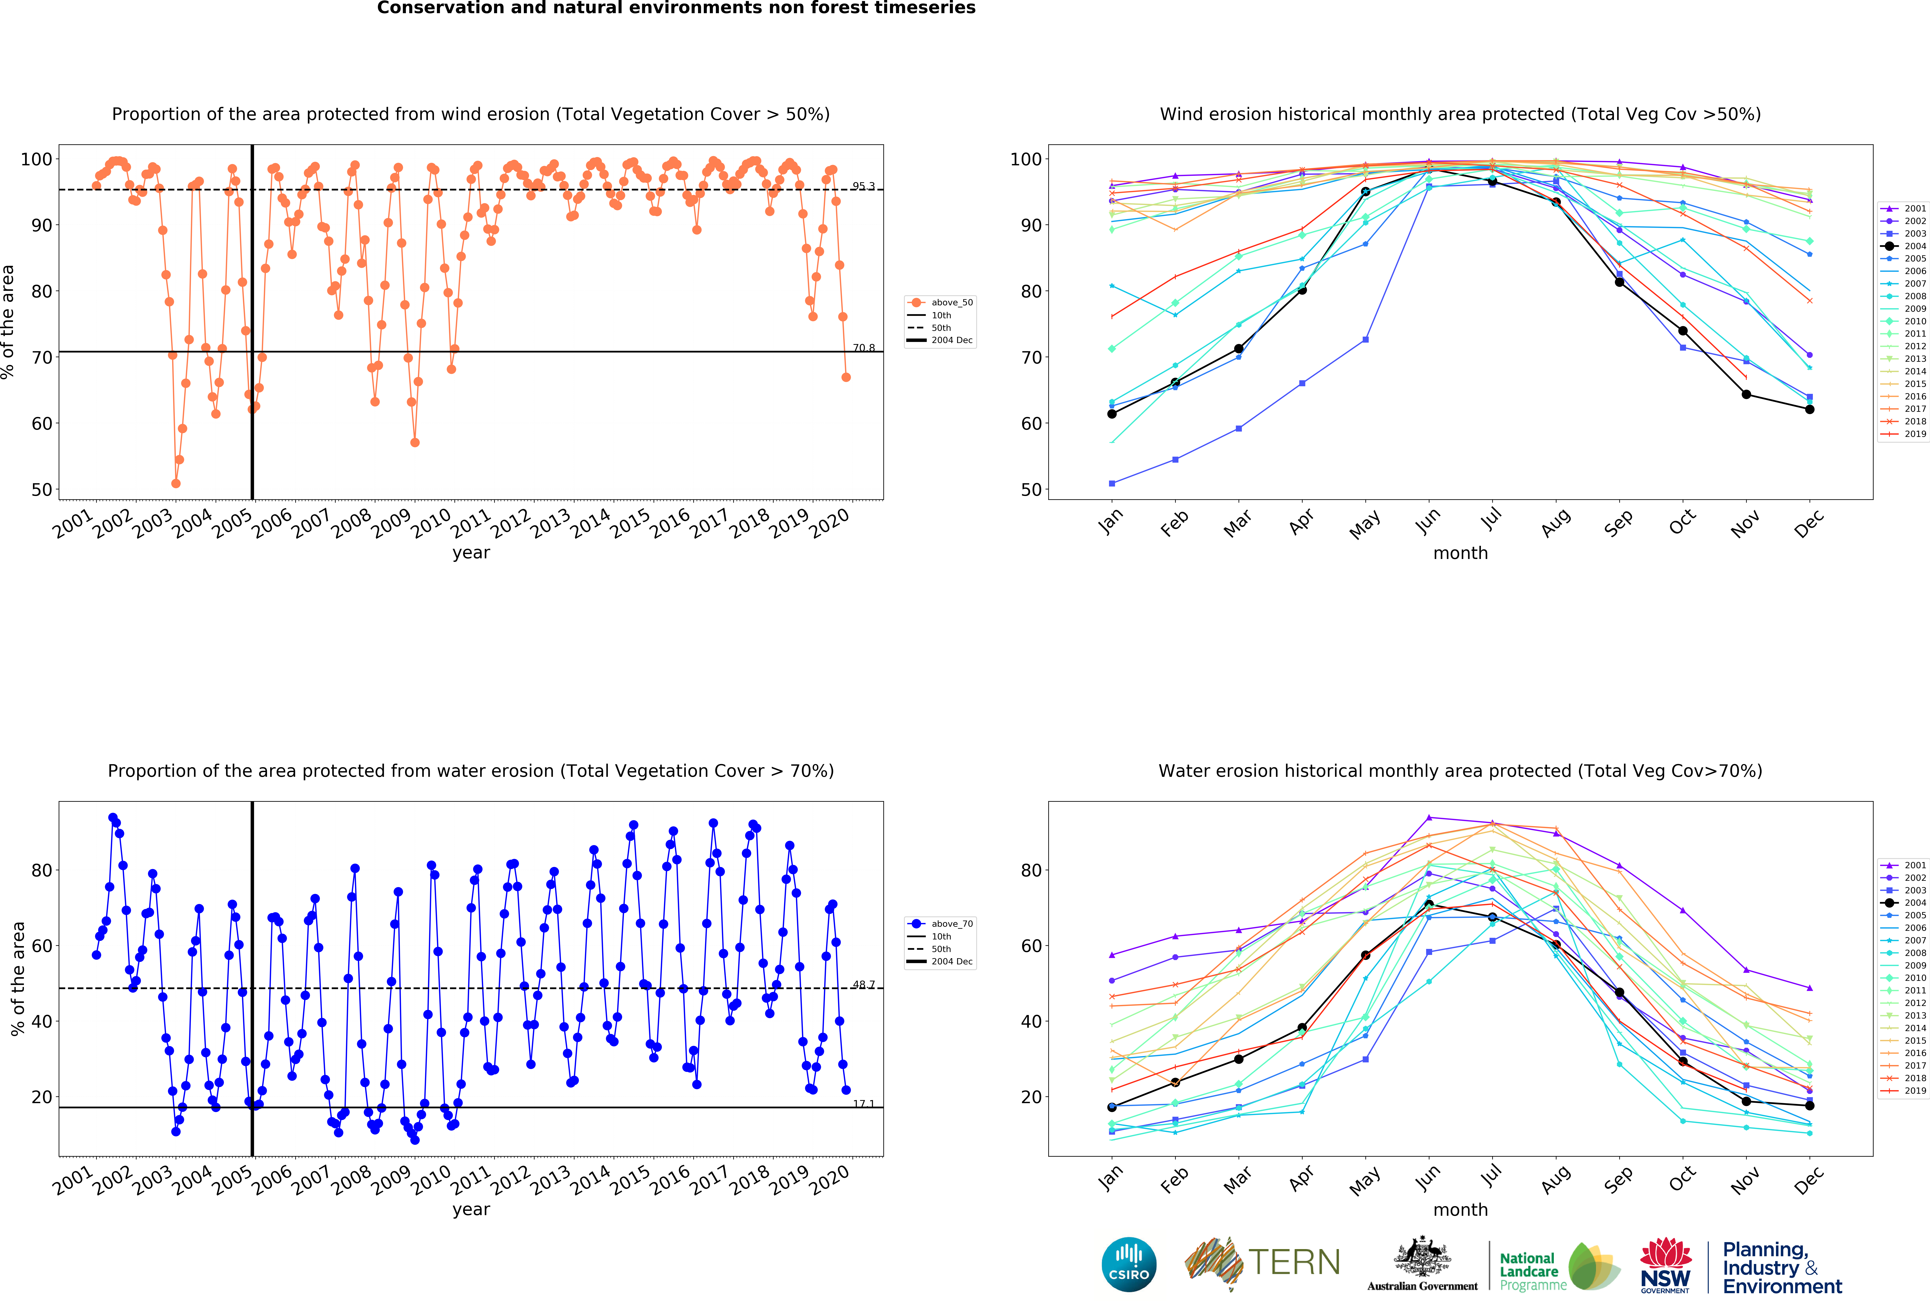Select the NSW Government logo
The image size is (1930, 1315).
(x=1665, y=1265)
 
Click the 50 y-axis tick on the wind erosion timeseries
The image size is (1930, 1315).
(x=42, y=490)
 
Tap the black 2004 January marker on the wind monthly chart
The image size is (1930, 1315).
(x=1112, y=413)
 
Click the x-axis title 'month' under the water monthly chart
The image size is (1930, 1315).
(x=1460, y=1210)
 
